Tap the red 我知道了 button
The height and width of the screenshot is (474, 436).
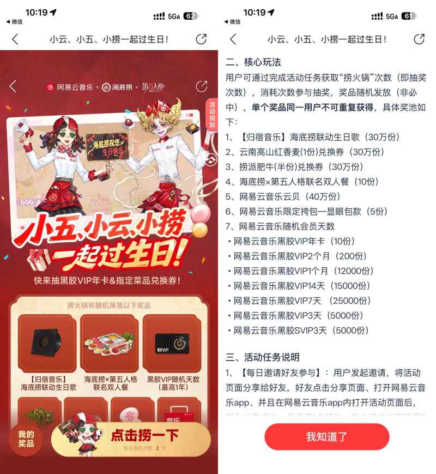click(x=326, y=436)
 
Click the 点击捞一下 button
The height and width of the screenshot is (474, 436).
click(x=144, y=435)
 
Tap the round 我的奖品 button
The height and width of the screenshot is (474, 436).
click(x=26, y=439)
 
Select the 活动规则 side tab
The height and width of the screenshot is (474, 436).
click(x=212, y=115)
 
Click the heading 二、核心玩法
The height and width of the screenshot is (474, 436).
click(x=253, y=62)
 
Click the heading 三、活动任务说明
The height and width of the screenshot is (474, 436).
click(x=263, y=357)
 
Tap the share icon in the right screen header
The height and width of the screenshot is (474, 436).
click(x=419, y=39)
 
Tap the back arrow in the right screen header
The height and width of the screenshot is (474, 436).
click(x=233, y=39)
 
